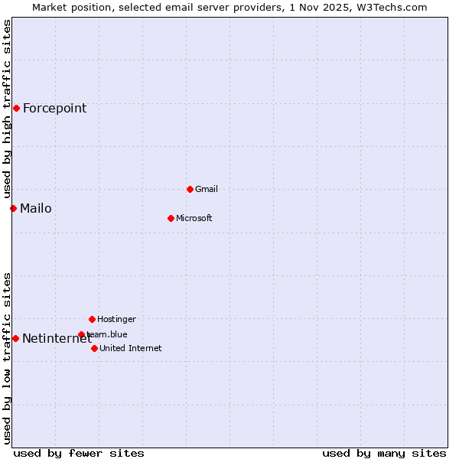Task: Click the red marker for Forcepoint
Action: pyautogui.click(x=16, y=108)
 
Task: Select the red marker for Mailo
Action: pyautogui.click(x=13, y=208)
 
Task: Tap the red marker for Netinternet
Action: pyautogui.click(x=15, y=338)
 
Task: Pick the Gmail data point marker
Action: pyautogui.click(x=190, y=189)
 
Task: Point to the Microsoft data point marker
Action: pyautogui.click(x=171, y=218)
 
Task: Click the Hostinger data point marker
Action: pyautogui.click(x=92, y=319)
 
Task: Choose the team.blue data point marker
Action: pyautogui.click(x=81, y=334)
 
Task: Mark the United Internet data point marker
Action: pyautogui.click(x=94, y=348)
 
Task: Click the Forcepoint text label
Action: pyautogui.click(x=54, y=108)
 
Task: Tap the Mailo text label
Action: pyautogui.click(x=36, y=208)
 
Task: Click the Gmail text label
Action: pyautogui.click(x=207, y=189)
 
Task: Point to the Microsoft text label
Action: pyautogui.click(x=194, y=218)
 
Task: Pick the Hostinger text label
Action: pyautogui.click(x=116, y=319)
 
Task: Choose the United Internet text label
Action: pyautogui.click(x=131, y=348)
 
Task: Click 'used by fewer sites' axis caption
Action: pyautogui.click(x=79, y=453)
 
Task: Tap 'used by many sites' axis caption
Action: pyautogui.click(x=384, y=453)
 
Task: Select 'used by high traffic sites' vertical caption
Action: pyautogui.click(x=7, y=109)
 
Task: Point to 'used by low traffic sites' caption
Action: pyautogui.click(x=7, y=358)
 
